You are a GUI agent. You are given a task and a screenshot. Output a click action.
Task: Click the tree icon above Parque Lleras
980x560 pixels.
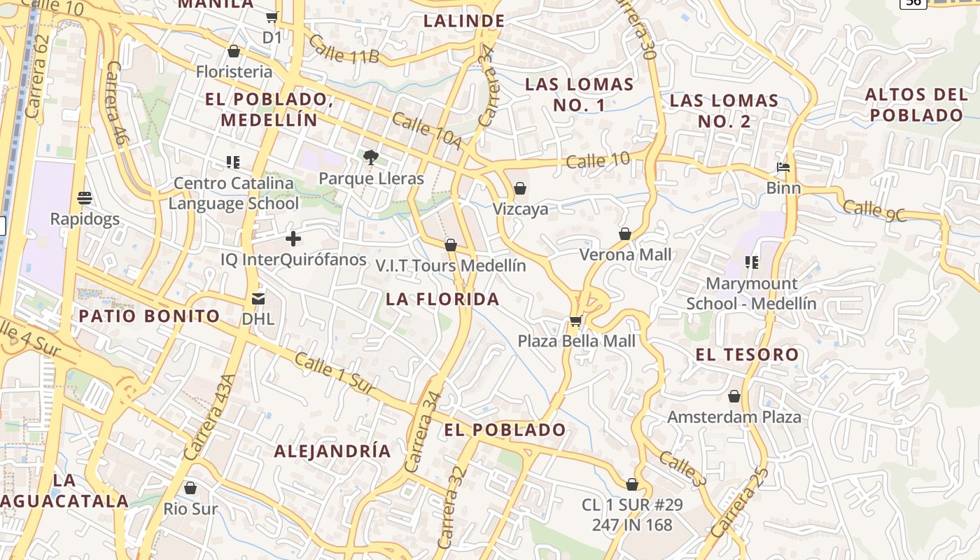coord(370,157)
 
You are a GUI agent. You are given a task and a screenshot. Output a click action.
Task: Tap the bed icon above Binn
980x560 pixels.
coord(783,167)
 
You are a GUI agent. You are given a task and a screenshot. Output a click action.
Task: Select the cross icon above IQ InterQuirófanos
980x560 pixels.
coord(293,239)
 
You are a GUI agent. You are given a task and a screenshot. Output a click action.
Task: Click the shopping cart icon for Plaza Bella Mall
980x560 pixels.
coord(576,321)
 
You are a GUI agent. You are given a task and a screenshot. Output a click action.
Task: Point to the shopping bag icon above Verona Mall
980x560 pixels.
coord(625,234)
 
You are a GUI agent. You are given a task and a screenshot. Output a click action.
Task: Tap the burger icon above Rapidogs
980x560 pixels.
coord(85,198)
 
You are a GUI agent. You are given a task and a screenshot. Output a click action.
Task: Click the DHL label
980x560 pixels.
coord(258,318)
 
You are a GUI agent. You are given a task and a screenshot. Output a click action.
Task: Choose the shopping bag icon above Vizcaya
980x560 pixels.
coord(520,188)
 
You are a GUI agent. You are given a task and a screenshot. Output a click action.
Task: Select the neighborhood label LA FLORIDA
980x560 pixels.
coord(442,300)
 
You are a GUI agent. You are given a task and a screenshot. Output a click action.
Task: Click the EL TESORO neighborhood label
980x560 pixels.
coord(747,354)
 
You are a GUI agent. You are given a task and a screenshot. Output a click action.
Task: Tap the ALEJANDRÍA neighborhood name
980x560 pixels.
coord(332,451)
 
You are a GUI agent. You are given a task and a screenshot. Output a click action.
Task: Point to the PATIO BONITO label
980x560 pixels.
coord(149,316)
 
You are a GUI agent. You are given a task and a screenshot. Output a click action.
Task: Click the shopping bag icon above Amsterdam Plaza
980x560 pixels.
coord(734,397)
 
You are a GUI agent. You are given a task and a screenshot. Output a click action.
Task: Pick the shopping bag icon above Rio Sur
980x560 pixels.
coord(190,488)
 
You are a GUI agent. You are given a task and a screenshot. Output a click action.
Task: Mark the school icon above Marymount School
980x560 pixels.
coord(752,262)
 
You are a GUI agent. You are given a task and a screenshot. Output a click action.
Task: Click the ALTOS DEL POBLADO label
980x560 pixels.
coord(915,104)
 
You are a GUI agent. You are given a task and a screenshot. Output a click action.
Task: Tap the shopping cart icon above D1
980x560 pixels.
coord(272,17)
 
